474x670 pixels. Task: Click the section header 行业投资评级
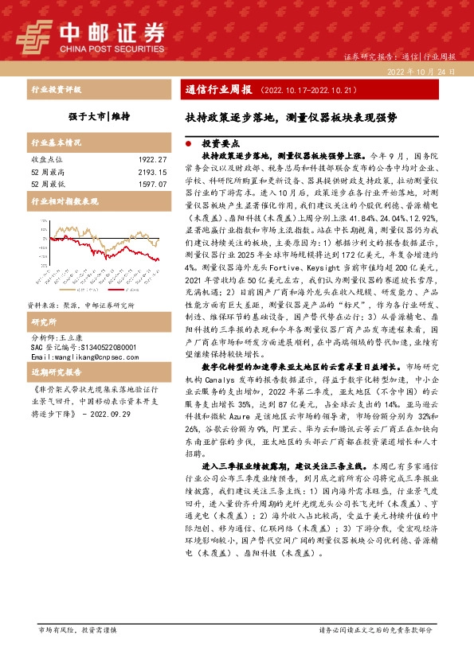pyautogui.click(x=56, y=90)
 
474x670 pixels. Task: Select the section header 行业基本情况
pyautogui.click(x=56, y=143)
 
